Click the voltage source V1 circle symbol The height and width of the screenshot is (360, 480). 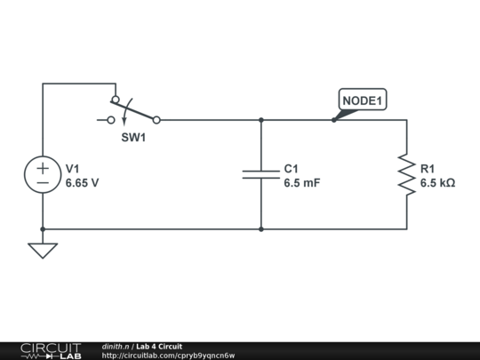click(x=43, y=174)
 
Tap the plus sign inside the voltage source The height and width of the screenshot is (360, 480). click(x=43, y=166)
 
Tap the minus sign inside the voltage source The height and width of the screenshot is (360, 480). click(x=43, y=182)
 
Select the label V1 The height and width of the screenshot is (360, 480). click(x=73, y=168)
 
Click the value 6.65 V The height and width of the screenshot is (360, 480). click(x=82, y=183)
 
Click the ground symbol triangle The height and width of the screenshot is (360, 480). click(x=43, y=250)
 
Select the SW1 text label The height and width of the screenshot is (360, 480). click(x=134, y=139)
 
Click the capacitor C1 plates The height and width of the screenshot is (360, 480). click(x=261, y=174)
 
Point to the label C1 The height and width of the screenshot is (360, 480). click(x=292, y=168)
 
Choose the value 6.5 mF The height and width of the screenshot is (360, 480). click(x=301, y=183)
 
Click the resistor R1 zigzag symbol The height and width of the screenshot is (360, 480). click(x=407, y=174)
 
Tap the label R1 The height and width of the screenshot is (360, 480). click(x=428, y=168)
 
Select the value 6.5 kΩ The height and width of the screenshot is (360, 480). click(x=437, y=183)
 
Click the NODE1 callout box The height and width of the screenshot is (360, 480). click(x=363, y=101)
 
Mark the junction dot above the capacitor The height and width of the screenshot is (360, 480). click(x=261, y=119)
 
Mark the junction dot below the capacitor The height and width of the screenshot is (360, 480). click(x=261, y=228)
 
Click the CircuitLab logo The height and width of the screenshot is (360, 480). click(x=51, y=350)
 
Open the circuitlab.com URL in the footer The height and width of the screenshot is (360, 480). click(x=169, y=356)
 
